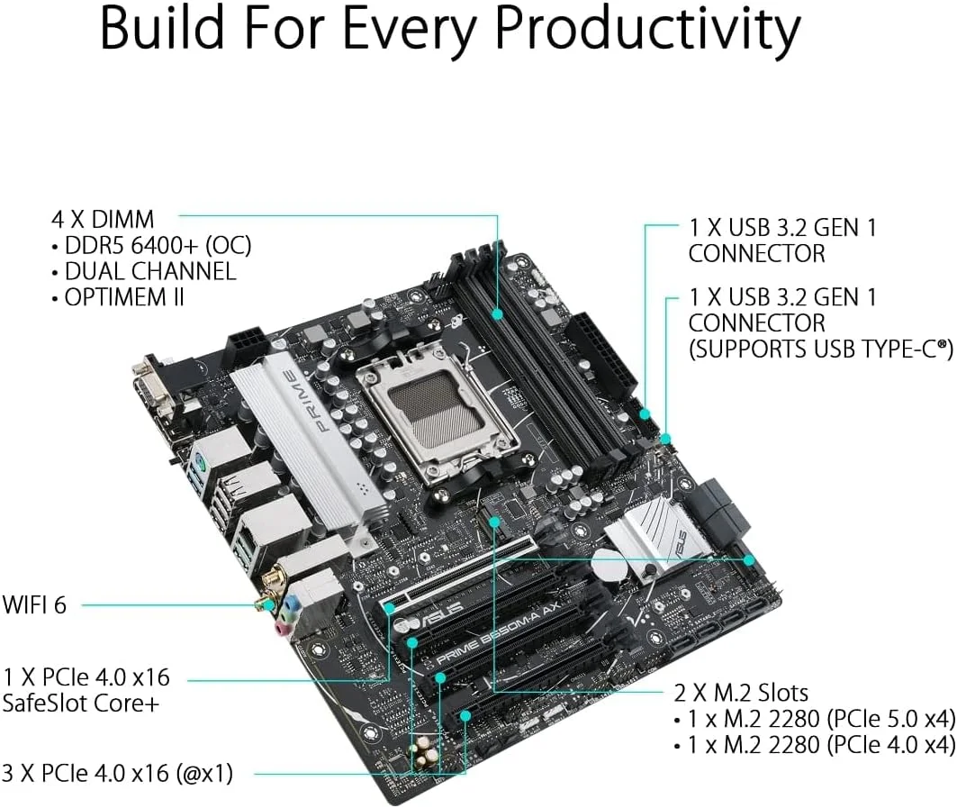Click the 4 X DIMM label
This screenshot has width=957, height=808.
103,219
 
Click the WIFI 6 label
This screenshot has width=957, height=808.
35,604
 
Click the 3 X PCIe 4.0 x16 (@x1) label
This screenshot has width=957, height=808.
118,772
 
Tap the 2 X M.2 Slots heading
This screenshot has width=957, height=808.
741,693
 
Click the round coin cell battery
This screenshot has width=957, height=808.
611,566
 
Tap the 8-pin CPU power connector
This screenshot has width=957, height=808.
251,347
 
